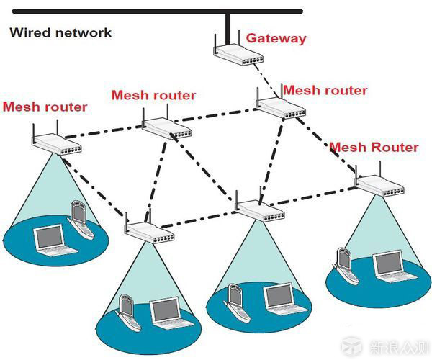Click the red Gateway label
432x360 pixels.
[x=276, y=38]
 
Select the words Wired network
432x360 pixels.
[x=60, y=32]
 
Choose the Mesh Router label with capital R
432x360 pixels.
[x=374, y=147]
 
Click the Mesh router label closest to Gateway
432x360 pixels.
[x=325, y=91]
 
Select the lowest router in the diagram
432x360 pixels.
[x=148, y=230]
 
